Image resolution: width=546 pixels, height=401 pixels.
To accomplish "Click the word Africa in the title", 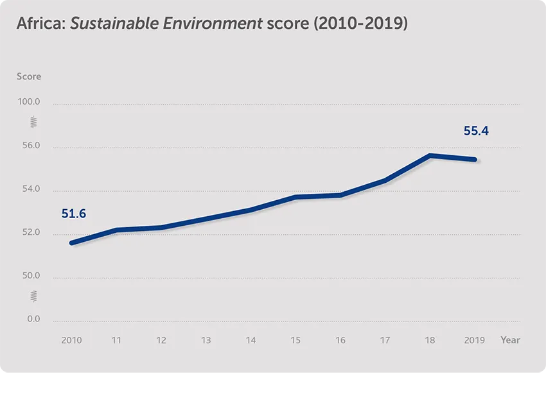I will coord(39,24).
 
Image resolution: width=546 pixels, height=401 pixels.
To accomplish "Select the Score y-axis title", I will coord(29,76).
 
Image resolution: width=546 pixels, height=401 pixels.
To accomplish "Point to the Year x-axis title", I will coord(510,340).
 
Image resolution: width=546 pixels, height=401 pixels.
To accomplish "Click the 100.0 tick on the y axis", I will coord(29,103).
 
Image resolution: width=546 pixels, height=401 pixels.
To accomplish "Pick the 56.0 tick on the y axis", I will coord(29,146).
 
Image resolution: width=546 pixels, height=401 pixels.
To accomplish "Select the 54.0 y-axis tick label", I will coord(29,190).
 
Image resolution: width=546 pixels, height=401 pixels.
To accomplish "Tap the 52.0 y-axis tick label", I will coord(29,233).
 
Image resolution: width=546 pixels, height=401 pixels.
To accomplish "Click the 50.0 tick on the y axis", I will coord(29,277).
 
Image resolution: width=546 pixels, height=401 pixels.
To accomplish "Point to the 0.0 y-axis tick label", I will coord(33,320).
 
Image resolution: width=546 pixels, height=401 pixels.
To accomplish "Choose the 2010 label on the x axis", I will coord(71,340).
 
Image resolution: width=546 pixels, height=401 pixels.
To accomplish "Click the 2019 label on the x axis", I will coord(475,340).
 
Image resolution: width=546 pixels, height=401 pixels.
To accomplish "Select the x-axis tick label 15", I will coord(295,340).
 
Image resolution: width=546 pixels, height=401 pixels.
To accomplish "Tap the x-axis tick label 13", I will coord(206,340).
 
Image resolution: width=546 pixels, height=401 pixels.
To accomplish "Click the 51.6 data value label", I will coord(74,214).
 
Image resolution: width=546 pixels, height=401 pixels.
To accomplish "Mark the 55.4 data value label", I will coord(476,131).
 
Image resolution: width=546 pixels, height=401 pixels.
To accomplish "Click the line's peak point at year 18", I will coord(430,155).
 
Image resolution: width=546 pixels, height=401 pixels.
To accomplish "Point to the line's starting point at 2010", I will coord(71,243).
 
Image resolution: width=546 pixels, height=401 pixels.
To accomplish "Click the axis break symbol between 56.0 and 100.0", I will coord(34,122).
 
